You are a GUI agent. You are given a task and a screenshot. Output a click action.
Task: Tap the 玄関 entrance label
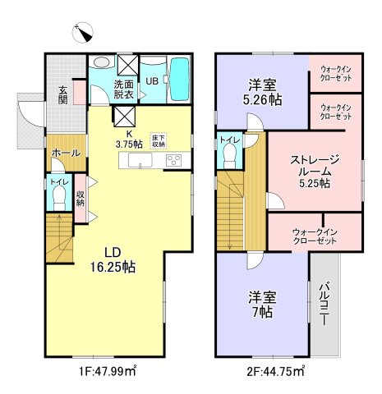[x=62, y=95]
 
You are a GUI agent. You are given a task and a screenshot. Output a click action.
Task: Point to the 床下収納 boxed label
[x=158, y=140]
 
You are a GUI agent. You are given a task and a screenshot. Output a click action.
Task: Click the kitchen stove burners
[x=174, y=160]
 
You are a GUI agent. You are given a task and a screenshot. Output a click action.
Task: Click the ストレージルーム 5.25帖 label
[x=315, y=170]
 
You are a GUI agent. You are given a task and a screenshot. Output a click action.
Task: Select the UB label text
[x=153, y=80]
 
